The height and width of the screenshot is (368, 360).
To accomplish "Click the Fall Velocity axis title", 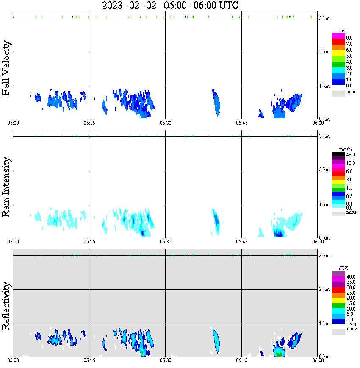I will point(7,68).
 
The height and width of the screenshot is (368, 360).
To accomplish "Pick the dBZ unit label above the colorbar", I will point(338,268).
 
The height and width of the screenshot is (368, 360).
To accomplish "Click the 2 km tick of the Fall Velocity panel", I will point(324,52).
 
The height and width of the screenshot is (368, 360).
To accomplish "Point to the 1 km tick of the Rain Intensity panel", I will point(324,205).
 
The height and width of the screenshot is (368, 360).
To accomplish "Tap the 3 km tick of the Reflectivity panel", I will point(324,256).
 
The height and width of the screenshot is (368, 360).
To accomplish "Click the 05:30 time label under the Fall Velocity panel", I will point(166,123).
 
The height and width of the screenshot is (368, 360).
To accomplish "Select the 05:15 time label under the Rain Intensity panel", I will point(89,242).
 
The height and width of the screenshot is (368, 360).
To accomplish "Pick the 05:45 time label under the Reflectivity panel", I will point(241,360).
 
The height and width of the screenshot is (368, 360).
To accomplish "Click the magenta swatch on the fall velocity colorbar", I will point(338,36).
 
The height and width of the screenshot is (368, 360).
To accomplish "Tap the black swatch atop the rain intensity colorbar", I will point(338,155).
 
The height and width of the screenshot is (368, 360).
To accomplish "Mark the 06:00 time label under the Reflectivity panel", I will point(318,360).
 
